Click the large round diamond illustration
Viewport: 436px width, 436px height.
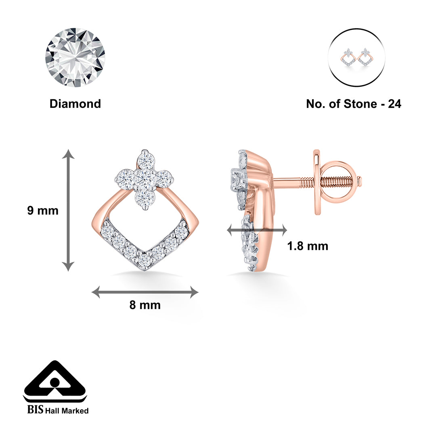click(75, 57)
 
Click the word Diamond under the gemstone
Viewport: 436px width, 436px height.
click(75, 104)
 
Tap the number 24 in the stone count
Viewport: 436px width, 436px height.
click(394, 104)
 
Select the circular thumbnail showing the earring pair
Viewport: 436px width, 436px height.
click(357, 57)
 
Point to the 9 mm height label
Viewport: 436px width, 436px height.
click(43, 211)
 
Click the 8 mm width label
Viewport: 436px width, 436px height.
click(145, 305)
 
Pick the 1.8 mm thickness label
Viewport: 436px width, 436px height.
click(308, 246)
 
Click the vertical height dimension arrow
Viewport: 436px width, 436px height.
click(68, 210)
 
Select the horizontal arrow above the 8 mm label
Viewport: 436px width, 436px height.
click(145, 292)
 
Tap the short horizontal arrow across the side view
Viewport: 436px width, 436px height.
click(257, 231)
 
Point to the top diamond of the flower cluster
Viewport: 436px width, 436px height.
click(146, 160)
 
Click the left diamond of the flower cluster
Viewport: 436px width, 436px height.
click(124, 178)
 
